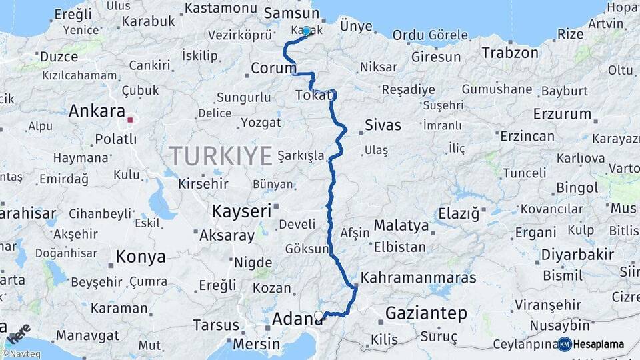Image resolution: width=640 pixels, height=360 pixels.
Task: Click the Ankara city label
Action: (x=97, y=111)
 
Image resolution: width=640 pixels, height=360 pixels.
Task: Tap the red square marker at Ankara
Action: (x=131, y=121)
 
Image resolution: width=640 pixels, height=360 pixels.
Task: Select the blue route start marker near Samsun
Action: (x=306, y=31)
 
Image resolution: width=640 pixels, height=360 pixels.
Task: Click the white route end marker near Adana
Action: (x=319, y=315)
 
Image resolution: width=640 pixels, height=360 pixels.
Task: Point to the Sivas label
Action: (x=383, y=125)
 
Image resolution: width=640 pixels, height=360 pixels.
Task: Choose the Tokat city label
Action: (x=312, y=96)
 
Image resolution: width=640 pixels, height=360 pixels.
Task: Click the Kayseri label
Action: (x=241, y=212)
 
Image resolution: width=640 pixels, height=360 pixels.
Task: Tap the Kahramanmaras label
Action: (x=418, y=277)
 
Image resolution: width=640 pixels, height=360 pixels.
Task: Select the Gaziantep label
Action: (x=427, y=313)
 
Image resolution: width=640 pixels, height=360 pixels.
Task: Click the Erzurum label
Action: (x=563, y=113)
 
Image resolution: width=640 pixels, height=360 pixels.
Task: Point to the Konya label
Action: (x=141, y=256)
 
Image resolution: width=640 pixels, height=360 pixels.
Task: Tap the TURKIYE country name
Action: (x=221, y=156)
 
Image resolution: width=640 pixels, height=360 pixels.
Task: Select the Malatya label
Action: (x=401, y=225)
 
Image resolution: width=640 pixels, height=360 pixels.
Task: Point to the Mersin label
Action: (x=257, y=344)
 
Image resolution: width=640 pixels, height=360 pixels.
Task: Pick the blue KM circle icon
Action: (x=565, y=344)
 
